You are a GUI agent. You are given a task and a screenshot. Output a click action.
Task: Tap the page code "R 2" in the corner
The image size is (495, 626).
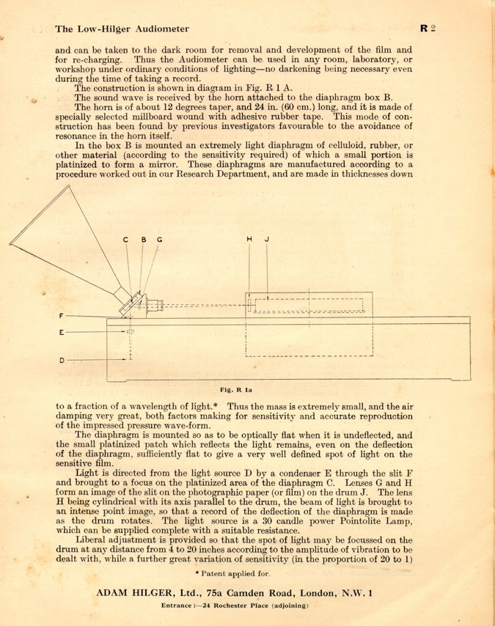pos(429,29)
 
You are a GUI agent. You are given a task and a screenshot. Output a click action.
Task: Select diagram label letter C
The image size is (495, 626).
pos(125,239)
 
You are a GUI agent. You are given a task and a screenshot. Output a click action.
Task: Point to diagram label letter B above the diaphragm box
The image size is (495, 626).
pos(144,239)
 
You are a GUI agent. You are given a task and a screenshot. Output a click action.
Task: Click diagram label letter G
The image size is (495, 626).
pos(160,239)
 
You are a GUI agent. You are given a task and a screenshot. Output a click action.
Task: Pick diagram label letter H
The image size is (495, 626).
pos(249,239)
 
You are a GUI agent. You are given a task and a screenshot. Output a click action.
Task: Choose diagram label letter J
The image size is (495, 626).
pos(267,239)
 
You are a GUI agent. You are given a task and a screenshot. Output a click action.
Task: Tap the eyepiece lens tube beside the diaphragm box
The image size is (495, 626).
pos(155,304)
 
